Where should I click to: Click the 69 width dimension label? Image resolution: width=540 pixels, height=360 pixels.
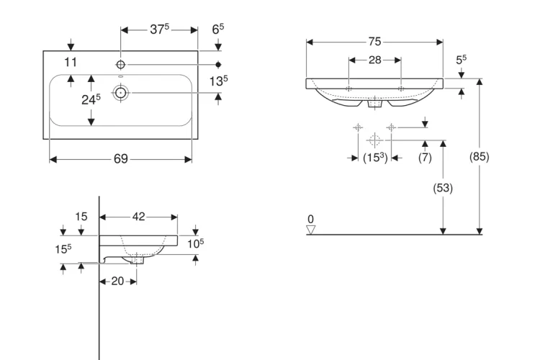(x=120, y=159)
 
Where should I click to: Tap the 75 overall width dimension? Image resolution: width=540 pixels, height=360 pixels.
(x=374, y=42)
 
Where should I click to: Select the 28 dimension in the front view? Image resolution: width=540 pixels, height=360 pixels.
(x=374, y=60)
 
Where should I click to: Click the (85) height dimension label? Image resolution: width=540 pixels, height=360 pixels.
(x=479, y=156)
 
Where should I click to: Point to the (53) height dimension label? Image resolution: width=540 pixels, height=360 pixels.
(x=443, y=188)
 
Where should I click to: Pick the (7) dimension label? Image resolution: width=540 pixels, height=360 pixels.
(x=425, y=157)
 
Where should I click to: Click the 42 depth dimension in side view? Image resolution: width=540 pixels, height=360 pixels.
(x=138, y=217)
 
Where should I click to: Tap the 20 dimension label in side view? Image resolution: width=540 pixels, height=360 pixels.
(x=117, y=281)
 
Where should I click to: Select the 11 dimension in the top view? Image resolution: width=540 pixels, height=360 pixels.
(x=71, y=63)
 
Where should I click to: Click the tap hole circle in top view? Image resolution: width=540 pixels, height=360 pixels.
(x=120, y=64)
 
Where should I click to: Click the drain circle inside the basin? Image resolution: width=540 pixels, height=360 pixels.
(x=120, y=93)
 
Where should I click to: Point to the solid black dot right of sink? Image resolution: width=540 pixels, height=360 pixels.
(x=218, y=64)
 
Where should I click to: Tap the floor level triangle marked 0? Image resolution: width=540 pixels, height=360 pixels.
(x=310, y=230)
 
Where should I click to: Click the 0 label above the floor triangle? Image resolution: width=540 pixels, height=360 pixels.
(x=310, y=219)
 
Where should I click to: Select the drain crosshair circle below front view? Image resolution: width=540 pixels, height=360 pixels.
(x=374, y=140)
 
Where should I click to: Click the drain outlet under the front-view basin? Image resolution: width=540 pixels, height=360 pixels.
(x=374, y=104)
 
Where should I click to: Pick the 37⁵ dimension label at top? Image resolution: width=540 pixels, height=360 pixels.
(x=159, y=29)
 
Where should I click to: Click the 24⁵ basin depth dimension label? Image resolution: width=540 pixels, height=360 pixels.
(x=91, y=99)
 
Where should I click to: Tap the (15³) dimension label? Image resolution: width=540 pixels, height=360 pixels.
(x=375, y=158)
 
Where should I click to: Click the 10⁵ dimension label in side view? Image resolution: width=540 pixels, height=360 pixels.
(x=195, y=243)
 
